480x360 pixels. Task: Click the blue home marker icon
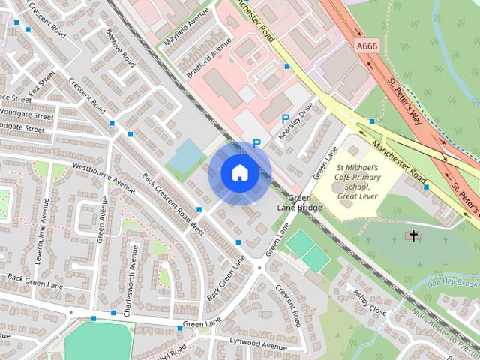tap(240, 172)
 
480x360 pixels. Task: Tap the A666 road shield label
tap(367, 46)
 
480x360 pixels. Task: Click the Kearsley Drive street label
tap(294, 120)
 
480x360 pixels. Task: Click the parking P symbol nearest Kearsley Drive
tap(285, 118)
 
